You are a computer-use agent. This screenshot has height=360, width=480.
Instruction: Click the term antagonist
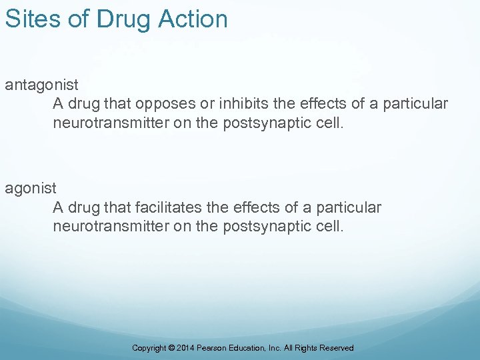(x=42, y=85)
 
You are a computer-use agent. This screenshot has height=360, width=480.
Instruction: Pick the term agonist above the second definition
(x=31, y=189)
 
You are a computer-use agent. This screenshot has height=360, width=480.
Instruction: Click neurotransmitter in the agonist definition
(x=111, y=227)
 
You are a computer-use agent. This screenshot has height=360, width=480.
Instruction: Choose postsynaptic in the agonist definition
(x=265, y=227)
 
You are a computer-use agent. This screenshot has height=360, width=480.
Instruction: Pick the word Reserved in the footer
(x=337, y=348)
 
